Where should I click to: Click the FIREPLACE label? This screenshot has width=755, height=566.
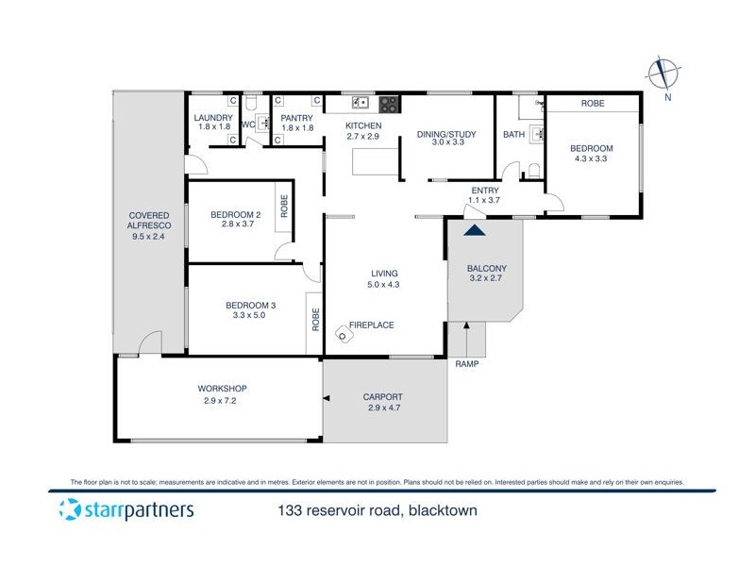372,325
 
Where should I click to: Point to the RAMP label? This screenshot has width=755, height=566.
466,363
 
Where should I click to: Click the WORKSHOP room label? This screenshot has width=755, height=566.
222,389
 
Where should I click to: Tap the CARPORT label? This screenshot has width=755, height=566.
383,397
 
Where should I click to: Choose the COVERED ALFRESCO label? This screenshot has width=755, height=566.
148,222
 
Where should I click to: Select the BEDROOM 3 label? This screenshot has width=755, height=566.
250,305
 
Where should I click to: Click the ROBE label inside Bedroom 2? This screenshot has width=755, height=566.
283,207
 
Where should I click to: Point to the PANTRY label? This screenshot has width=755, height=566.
297,118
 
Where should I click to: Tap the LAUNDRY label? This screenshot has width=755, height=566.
213,118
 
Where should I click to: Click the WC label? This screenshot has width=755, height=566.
249,125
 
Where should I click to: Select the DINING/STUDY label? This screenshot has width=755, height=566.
446,134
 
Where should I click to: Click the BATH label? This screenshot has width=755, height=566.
513,135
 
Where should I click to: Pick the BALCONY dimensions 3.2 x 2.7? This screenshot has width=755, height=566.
487,278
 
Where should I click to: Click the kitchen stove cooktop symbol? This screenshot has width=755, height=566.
387,102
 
